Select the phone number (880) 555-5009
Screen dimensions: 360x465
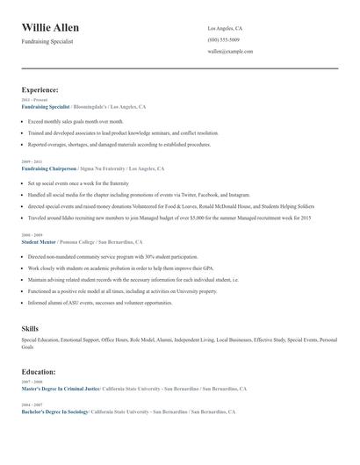click(x=223, y=39)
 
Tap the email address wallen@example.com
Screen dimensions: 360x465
click(x=230, y=51)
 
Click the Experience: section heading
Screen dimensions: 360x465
click(x=40, y=89)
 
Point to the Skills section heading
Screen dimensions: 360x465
click(x=30, y=328)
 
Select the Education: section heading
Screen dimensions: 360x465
click(x=39, y=371)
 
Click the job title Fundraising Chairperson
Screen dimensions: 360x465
click(x=49, y=167)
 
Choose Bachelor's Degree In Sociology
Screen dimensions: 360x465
click(x=55, y=411)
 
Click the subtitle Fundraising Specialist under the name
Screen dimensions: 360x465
click(x=47, y=41)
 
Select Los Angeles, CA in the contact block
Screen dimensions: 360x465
click(x=225, y=28)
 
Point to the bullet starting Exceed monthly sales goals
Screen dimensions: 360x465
click(x=76, y=121)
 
